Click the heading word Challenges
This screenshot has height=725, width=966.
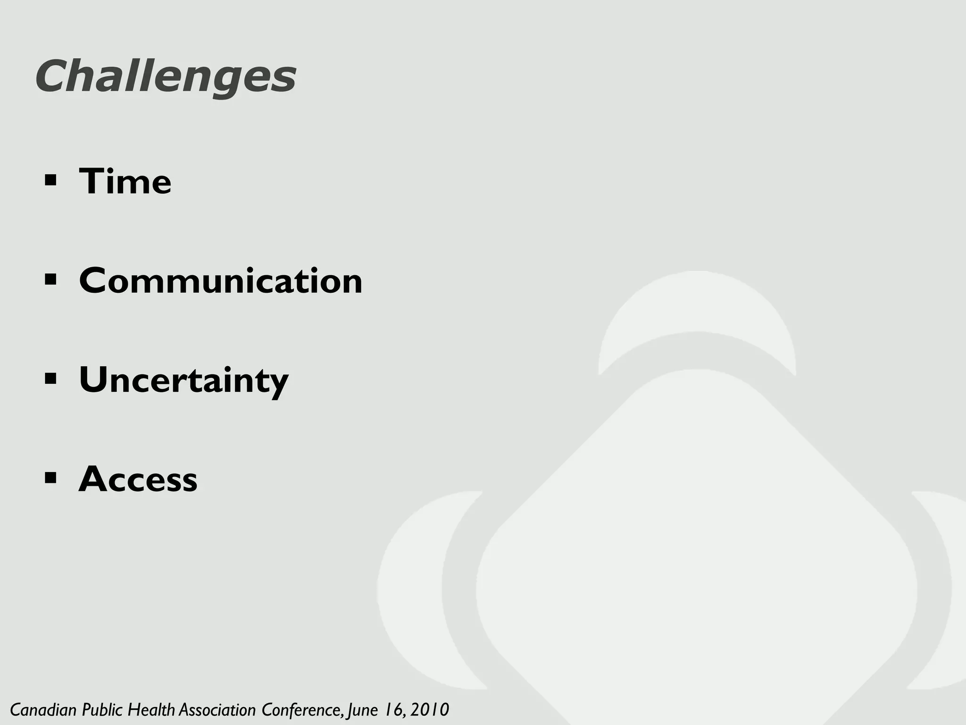(x=165, y=77)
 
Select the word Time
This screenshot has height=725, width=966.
(x=125, y=182)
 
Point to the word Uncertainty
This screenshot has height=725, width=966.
(x=183, y=380)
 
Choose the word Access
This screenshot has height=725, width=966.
(x=138, y=480)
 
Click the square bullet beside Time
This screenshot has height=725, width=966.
(x=50, y=180)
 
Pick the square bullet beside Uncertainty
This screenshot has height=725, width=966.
(x=50, y=379)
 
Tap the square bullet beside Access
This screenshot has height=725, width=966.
(x=50, y=478)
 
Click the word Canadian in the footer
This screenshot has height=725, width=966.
(x=43, y=709)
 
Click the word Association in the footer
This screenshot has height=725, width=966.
(x=217, y=709)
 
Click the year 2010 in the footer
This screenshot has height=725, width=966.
(x=429, y=709)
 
